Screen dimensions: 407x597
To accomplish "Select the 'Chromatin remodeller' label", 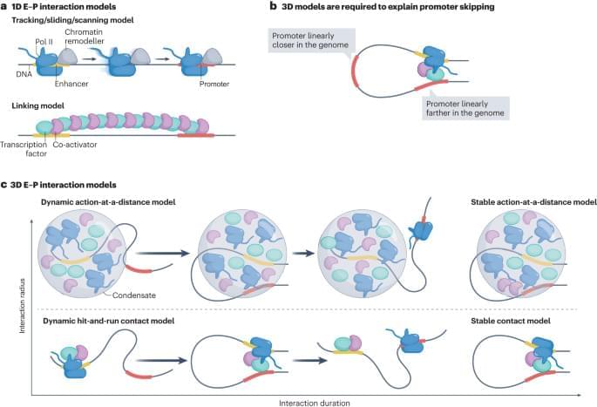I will (92, 37).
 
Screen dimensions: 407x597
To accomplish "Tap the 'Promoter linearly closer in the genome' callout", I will (306, 38).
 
